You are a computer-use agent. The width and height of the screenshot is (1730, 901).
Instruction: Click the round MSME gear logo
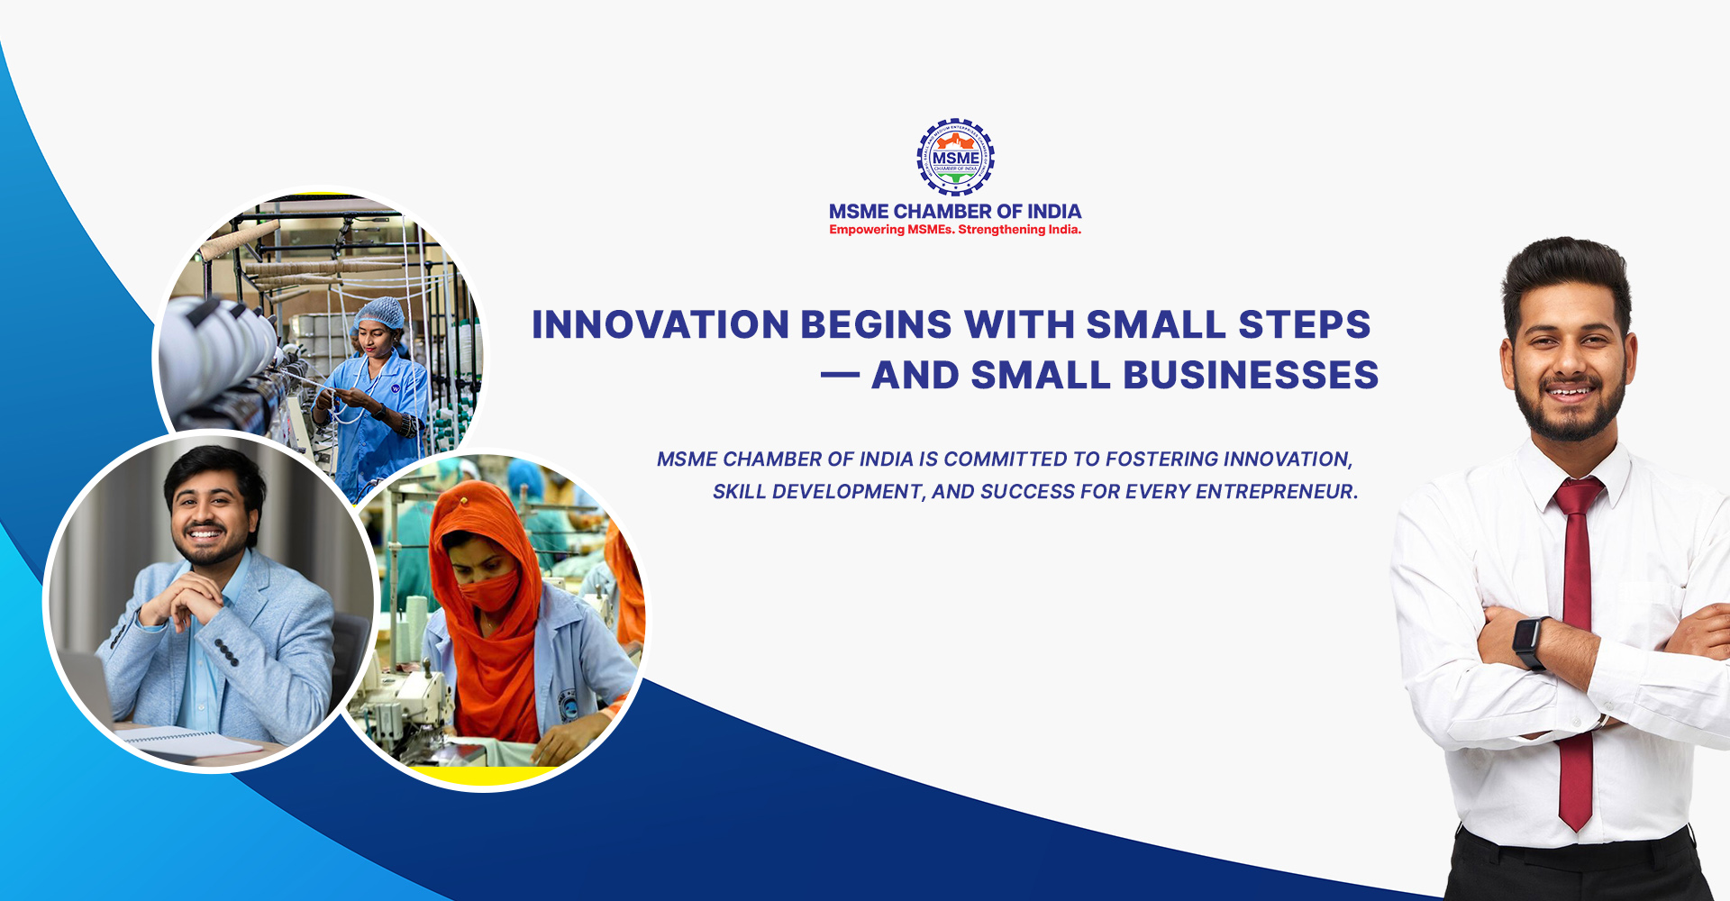[955, 157]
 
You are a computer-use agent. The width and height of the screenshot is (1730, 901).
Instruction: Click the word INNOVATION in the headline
[660, 324]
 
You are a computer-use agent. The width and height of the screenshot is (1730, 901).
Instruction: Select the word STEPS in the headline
[1305, 324]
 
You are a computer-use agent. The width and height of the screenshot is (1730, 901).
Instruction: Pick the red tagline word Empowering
[867, 230]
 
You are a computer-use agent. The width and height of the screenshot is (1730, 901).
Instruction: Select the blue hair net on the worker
[380, 314]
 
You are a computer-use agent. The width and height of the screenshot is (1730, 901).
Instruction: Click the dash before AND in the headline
[840, 376]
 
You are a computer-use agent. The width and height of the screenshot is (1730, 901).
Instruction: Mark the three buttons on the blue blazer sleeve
[226, 652]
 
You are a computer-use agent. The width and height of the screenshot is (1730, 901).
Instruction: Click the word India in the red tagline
[1064, 230]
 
